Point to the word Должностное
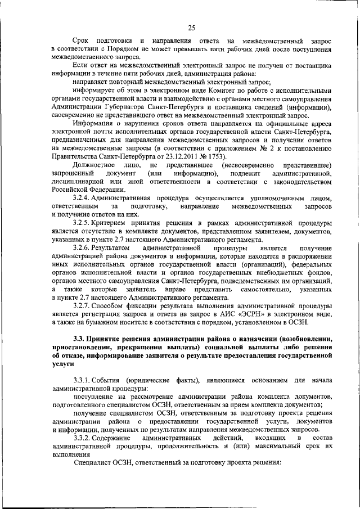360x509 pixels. (96, 165)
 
